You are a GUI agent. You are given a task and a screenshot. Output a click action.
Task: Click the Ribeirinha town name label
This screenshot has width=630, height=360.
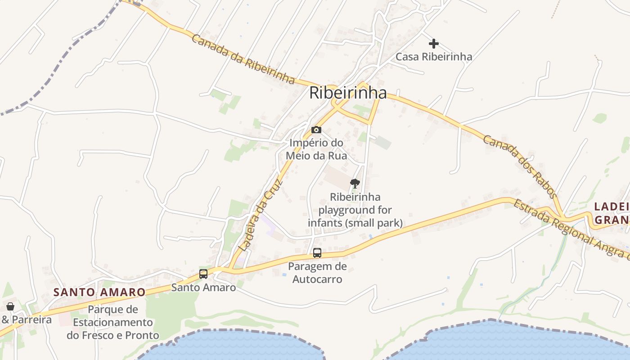pos(347,93)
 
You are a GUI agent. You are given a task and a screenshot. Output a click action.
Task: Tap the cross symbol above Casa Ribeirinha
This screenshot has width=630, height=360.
pos(434,44)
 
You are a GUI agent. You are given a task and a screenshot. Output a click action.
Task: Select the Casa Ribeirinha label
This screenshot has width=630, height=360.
pos(434,57)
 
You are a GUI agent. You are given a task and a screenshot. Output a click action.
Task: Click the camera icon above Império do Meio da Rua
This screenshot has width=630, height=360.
pos(316,130)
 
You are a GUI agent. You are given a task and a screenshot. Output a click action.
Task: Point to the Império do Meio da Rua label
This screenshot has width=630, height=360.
pos(318,149)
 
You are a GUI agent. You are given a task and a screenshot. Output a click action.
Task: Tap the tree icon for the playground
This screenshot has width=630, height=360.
pos(355,184)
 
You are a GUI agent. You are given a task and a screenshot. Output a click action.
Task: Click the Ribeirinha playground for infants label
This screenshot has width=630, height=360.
pos(355,210)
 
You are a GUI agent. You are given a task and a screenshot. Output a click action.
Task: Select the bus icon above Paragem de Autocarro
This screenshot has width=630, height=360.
pos(317,253)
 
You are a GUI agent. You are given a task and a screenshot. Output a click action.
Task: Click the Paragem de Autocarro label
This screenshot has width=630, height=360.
pos(317,273)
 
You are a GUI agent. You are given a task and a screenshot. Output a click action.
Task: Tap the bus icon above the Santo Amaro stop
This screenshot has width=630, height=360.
pos(203,274)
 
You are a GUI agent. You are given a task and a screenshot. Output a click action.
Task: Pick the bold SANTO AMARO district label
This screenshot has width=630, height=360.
pos(99,292)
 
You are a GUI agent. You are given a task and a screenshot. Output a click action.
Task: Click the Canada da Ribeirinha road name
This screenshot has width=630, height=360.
pos(243,58)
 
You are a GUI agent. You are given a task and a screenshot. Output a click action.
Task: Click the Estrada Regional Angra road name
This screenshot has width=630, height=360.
pos(571,229)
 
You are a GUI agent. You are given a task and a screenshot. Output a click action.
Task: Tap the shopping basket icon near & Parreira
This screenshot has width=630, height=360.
pos(10,306)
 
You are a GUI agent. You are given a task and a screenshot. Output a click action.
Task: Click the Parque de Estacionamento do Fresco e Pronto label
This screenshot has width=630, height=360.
pos(113,322)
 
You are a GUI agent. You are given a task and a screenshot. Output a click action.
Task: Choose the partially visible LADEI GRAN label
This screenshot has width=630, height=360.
pos(611,213)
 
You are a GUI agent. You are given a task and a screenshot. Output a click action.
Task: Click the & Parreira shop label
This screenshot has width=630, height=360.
pos(27,320)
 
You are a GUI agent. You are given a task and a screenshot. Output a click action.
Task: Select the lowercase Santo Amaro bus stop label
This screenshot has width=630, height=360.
pos(203,288)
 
